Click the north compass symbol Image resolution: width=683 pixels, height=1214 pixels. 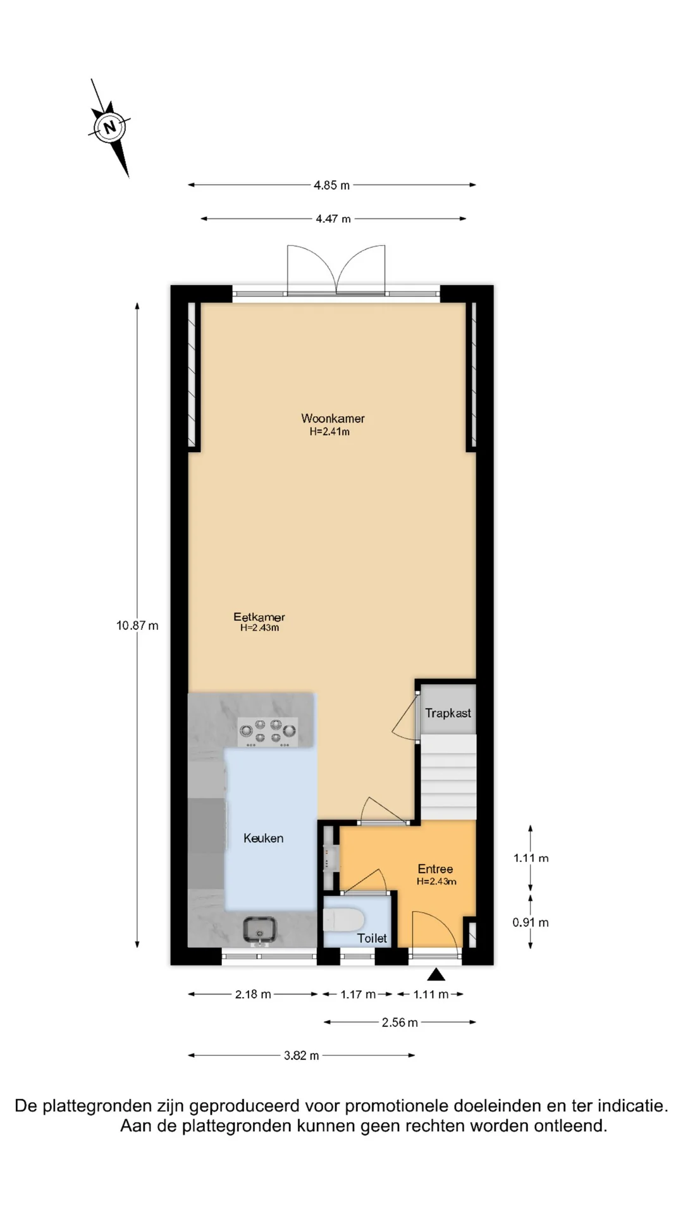110,127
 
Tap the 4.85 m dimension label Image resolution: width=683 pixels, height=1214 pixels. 331,185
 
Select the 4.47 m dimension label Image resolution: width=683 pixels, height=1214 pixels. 333,219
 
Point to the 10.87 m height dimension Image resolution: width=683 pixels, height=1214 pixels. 137,625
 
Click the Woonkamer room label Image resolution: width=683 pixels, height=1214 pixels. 333,419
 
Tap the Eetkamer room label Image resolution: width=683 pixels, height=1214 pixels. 259,616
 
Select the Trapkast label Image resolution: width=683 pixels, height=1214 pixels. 448,713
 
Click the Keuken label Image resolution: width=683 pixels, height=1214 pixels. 263,838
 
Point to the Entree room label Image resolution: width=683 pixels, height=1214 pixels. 435,869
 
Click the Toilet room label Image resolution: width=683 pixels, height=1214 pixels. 372,938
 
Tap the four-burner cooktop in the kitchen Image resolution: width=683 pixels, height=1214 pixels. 268,732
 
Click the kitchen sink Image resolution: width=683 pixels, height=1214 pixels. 259,930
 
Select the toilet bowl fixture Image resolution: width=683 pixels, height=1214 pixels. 343,920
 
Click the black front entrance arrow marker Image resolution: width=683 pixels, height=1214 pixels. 436,974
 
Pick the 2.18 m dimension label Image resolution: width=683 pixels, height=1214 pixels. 253,995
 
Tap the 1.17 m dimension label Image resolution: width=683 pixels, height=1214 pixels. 358,995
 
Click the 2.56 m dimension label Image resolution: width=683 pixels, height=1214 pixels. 400,1022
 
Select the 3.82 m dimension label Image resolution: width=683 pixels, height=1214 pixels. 302,1055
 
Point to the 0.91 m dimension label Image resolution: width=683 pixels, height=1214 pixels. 531,923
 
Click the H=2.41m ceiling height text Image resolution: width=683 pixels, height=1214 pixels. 329,432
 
